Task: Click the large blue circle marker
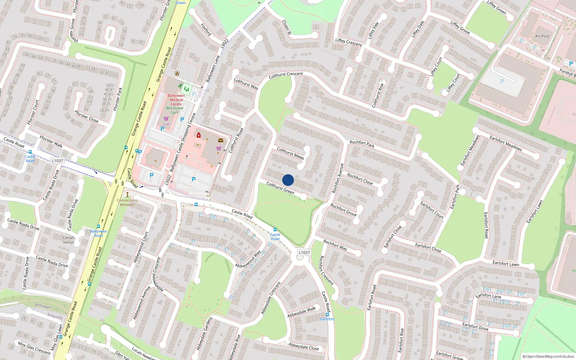coord(288,180)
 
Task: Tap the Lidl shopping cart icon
coord(166,118)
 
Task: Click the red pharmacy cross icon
coord(198,135)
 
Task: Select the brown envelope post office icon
coord(221,140)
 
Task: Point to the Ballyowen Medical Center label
coord(176,100)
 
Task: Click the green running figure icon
coord(180,86)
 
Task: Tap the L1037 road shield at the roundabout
coord(304,252)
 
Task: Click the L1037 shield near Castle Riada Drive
coord(57,161)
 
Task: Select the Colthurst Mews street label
coord(290,153)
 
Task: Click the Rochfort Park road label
coord(362,144)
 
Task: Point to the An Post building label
coord(542,36)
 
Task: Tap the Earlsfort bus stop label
coord(328,319)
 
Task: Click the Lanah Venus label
coord(68,240)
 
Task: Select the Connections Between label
coord(127,202)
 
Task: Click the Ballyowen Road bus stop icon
coord(99,226)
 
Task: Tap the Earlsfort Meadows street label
coord(505,143)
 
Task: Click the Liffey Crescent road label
coord(348,42)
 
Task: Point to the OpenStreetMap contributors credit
coord(548,356)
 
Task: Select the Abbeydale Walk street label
coord(302,312)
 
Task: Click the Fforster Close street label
coord(86,117)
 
